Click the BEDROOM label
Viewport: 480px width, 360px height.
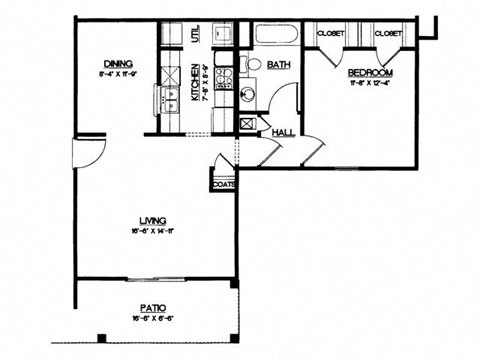pyautogui.click(x=370, y=73)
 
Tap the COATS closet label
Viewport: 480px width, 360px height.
pyautogui.click(x=223, y=184)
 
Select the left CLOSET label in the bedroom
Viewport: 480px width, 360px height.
pyautogui.click(x=331, y=34)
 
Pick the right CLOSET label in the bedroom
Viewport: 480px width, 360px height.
pyautogui.click(x=389, y=34)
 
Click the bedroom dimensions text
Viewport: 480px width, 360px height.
pyautogui.click(x=370, y=85)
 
